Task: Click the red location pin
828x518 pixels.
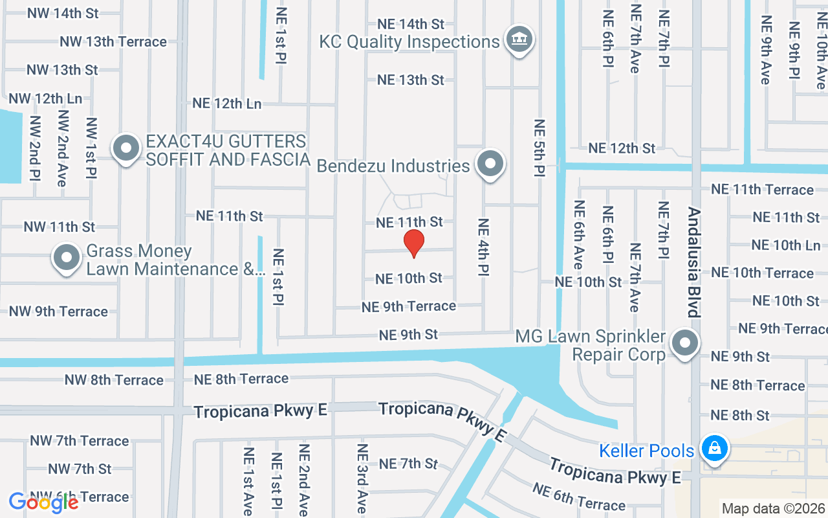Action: (414, 243)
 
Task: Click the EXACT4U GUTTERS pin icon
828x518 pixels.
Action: (126, 148)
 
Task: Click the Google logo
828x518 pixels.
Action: (43, 502)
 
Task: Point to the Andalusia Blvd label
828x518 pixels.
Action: (694, 262)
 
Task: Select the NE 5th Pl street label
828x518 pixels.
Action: (539, 148)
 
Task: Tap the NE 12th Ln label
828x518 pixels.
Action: (227, 104)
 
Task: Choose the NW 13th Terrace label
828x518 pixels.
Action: (113, 41)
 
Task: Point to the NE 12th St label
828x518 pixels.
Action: (622, 148)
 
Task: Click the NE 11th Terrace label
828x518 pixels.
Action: (762, 190)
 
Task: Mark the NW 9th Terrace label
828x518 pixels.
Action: (58, 311)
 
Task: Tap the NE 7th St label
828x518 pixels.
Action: (408, 464)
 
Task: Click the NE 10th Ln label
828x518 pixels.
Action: (786, 245)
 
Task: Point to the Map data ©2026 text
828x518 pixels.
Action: (773, 508)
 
